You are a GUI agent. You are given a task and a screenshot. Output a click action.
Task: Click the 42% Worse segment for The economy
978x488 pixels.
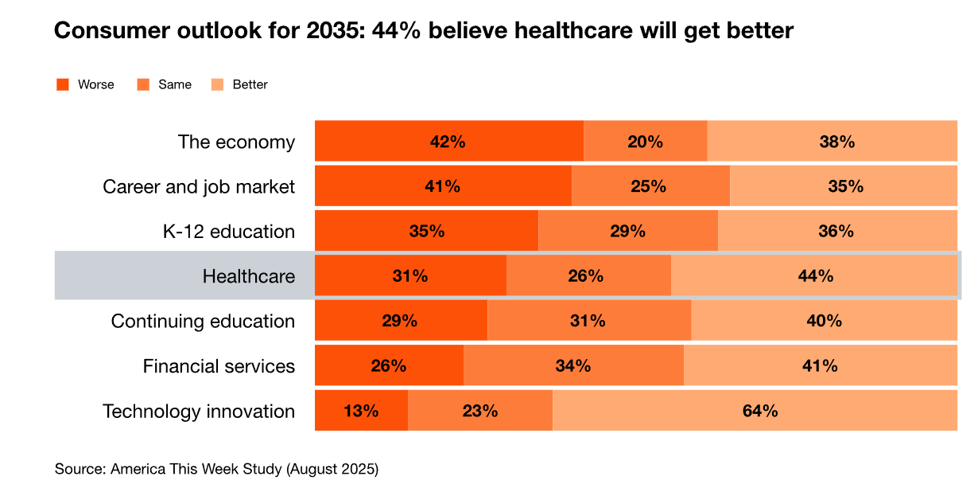(448, 142)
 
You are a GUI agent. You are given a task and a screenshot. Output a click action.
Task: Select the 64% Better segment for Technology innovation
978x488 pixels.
(755, 411)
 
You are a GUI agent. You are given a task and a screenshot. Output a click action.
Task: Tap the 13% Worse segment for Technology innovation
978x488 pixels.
(361, 411)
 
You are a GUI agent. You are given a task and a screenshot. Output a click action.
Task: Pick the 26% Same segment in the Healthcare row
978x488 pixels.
(588, 276)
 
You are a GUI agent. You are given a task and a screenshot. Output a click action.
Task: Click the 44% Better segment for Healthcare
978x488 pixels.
(814, 276)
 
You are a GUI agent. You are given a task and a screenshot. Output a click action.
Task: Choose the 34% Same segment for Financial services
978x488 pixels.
(573, 366)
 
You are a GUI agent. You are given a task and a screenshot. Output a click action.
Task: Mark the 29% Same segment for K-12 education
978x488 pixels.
(627, 232)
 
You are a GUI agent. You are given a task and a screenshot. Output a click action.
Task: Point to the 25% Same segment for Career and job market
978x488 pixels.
(650, 186)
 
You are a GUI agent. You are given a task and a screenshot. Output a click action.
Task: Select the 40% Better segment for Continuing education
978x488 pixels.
(824, 321)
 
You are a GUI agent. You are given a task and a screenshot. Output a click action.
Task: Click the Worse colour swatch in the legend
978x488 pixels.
(63, 84)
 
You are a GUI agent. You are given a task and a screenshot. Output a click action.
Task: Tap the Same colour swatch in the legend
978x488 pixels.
(144, 84)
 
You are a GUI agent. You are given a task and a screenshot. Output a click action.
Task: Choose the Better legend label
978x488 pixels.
(250, 84)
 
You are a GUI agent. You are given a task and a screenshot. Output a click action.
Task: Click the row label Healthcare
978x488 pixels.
(249, 276)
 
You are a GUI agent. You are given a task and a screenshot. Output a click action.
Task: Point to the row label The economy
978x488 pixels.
(236, 142)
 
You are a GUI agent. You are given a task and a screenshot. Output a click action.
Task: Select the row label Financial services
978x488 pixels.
(219, 366)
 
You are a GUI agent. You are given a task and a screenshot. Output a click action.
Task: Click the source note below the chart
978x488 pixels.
(216, 468)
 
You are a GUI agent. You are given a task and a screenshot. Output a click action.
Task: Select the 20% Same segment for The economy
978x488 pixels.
(645, 142)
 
